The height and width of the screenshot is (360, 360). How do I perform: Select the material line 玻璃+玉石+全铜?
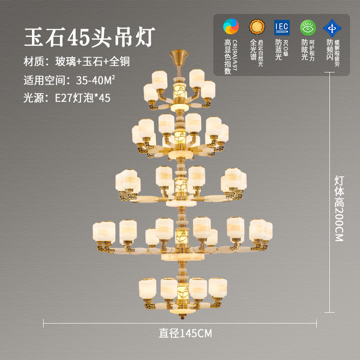pos(92,61)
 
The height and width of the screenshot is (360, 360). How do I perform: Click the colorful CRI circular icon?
pos(231,27)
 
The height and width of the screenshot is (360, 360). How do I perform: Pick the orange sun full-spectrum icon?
pos(256,27)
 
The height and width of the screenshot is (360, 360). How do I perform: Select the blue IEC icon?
pos(282,27)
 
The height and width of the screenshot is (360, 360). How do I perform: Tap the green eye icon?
pos(308,27)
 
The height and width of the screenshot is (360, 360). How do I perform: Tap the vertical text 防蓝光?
pos(279,50)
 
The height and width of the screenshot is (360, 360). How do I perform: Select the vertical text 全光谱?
pos(253,50)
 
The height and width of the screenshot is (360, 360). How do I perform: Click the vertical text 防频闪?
pos(329,50)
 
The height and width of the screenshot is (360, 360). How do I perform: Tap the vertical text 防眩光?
pos(304,50)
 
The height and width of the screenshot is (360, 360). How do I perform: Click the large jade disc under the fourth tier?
pos(182,256)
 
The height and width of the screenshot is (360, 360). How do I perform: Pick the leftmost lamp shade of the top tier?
pos(150,92)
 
